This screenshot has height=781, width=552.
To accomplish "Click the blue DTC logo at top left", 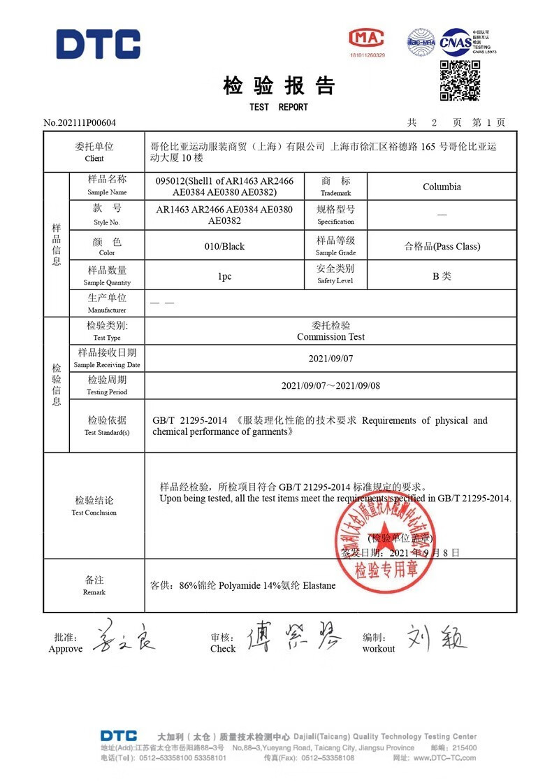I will [x=98, y=44].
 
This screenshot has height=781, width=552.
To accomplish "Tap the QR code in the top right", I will [x=460, y=80].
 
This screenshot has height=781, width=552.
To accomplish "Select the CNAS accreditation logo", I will [x=455, y=42].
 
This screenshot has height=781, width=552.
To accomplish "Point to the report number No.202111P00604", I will [x=80, y=123].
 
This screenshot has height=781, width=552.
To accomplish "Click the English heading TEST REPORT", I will [x=278, y=107].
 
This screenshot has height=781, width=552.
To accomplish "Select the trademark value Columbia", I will [x=442, y=187].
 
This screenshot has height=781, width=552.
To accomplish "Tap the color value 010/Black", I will [x=224, y=246].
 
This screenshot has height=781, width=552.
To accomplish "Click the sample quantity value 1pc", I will [x=224, y=276].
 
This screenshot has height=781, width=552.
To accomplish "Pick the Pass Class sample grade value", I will [x=442, y=246].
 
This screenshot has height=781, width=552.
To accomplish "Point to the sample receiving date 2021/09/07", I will [x=331, y=358].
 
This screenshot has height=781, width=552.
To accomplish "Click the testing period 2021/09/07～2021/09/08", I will [x=331, y=385].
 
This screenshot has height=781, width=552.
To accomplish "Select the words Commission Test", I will [x=331, y=336].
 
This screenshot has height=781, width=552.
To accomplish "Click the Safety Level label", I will [x=335, y=280].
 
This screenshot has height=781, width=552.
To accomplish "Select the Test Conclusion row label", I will [x=94, y=506].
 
